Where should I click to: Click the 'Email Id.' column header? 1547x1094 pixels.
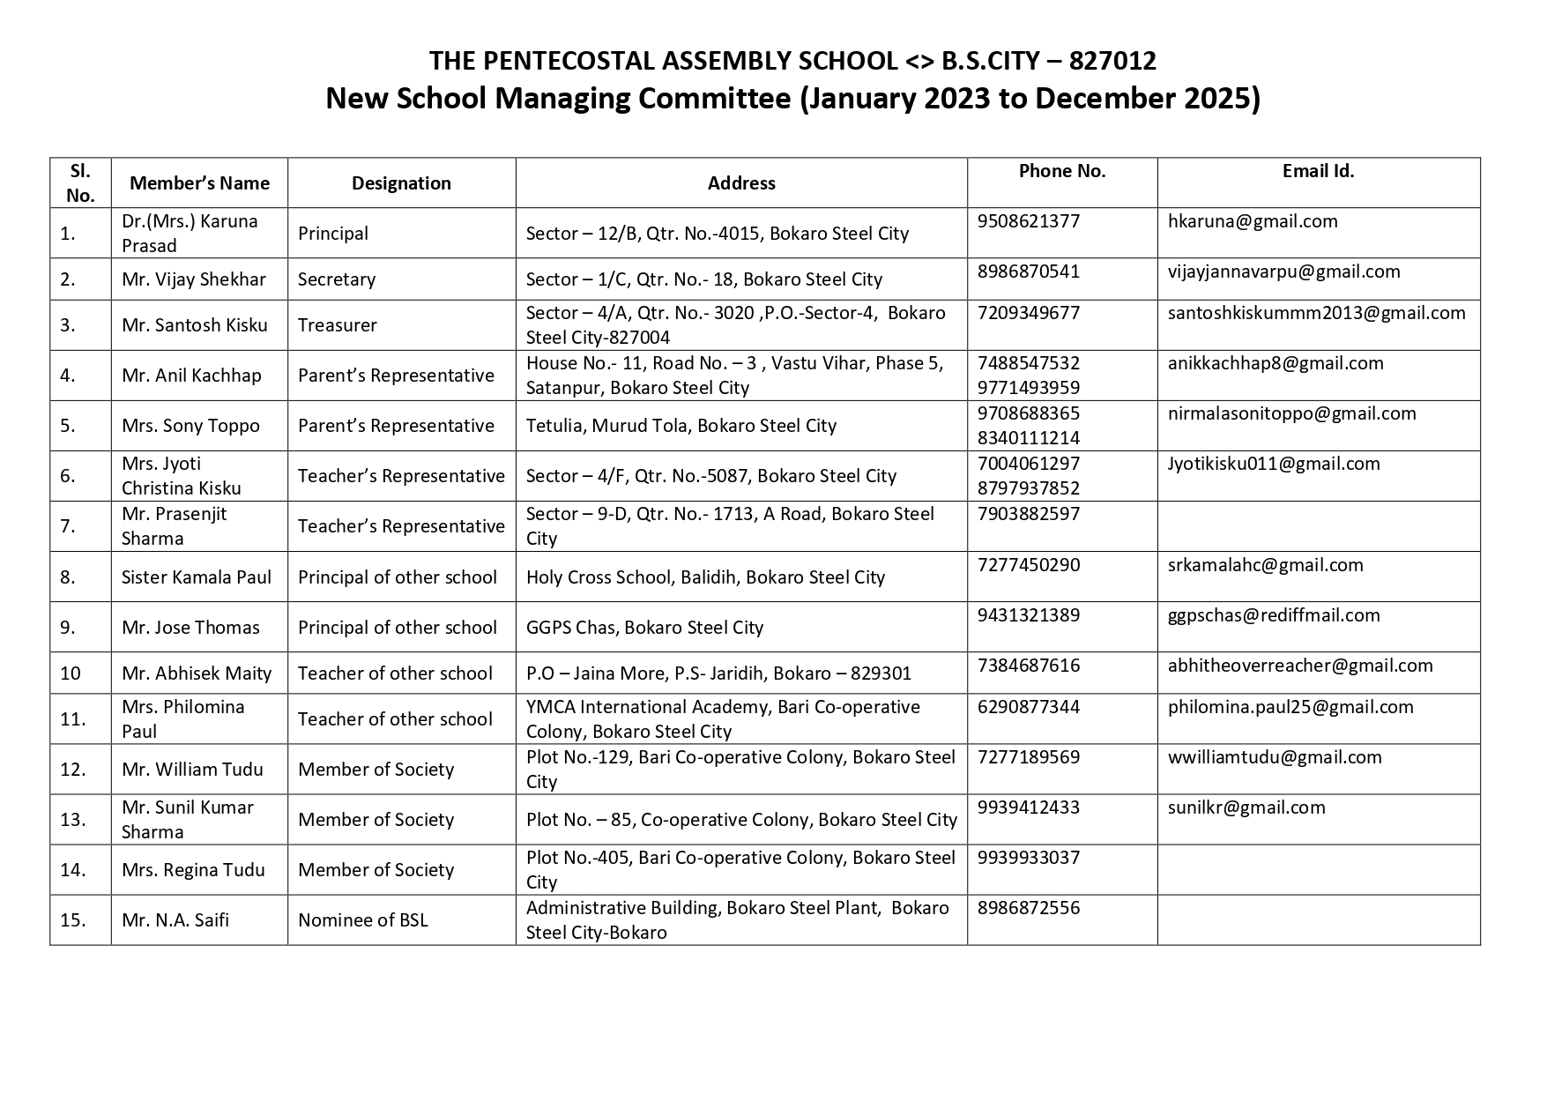pyautogui.click(x=1318, y=171)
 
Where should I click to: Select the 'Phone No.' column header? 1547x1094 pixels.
pyautogui.click(x=1061, y=171)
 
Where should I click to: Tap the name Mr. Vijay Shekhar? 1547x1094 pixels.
pyautogui.click(x=194, y=279)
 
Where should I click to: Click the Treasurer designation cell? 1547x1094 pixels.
pyautogui.click(x=337, y=325)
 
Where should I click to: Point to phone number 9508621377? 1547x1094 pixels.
pyautogui.click(x=1028, y=221)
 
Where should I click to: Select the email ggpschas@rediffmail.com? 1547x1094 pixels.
pyautogui.click(x=1273, y=615)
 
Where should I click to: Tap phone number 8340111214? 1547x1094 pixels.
pyautogui.click(x=1028, y=438)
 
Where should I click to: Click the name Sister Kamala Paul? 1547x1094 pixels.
pyautogui.click(x=197, y=577)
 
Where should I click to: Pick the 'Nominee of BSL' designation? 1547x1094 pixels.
pyautogui.click(x=362, y=920)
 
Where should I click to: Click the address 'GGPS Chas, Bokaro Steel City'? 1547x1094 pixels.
pyautogui.click(x=644, y=628)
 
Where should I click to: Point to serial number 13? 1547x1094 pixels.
pyautogui.click(x=72, y=820)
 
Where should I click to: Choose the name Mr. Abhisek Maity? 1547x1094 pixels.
pyautogui.click(x=197, y=674)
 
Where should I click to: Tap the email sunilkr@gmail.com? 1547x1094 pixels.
pyautogui.click(x=1246, y=807)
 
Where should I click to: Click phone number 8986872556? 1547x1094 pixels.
pyautogui.click(x=1028, y=908)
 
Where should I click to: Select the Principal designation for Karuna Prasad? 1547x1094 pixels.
pyautogui.click(x=332, y=234)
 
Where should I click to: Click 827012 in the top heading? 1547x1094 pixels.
pyautogui.click(x=1112, y=61)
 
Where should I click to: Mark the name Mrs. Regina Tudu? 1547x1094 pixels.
pyautogui.click(x=193, y=870)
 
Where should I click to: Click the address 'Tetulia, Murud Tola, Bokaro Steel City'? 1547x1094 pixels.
pyautogui.click(x=681, y=426)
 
